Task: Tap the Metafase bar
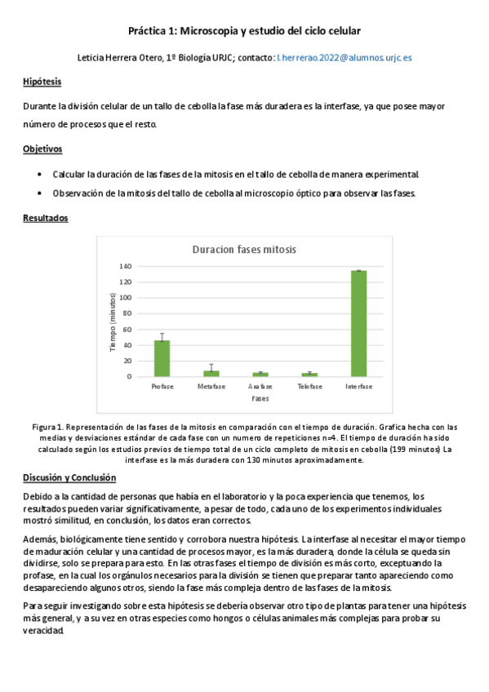click(x=211, y=373)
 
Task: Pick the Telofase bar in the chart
click(x=309, y=374)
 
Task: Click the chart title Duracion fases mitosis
click(x=244, y=249)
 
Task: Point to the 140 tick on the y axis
click(x=125, y=266)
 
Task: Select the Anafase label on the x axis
click(x=260, y=386)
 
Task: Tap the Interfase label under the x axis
click(x=358, y=386)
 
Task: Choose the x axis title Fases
click(x=260, y=399)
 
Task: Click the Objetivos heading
click(x=42, y=149)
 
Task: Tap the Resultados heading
click(x=46, y=218)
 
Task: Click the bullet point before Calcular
click(x=40, y=175)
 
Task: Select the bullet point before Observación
click(x=40, y=193)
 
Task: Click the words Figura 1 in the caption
click(x=47, y=427)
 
